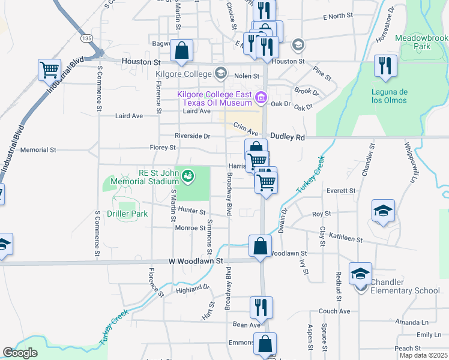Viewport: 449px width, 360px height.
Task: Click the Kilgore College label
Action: (184, 74)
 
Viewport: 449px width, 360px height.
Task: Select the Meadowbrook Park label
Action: (422, 41)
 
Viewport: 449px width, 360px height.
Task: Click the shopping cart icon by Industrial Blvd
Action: (49, 69)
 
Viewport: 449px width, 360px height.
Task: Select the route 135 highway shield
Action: (88, 38)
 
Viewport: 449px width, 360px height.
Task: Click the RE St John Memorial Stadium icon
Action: (188, 176)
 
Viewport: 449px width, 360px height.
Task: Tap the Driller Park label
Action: (127, 214)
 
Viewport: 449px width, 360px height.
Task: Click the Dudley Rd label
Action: (288, 137)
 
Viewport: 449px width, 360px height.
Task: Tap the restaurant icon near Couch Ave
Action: (261, 307)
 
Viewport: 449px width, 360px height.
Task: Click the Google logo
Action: (20, 353)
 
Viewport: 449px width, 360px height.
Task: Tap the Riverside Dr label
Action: (192, 136)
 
